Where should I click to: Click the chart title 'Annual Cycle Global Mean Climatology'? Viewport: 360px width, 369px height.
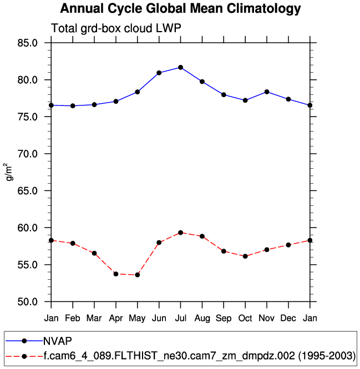180,9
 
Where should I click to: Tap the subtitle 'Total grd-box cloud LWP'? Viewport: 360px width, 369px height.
116,29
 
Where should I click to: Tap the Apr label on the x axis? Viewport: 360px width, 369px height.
116,319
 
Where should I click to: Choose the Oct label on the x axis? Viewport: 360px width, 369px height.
245,319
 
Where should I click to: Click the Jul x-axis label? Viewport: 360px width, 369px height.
180,319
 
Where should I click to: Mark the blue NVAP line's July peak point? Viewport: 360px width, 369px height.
180,67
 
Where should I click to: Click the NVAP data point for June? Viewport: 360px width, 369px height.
159,73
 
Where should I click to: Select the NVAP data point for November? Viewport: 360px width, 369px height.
267,92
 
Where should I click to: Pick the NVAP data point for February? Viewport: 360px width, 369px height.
73,105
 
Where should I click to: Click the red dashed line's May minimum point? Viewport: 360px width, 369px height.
138,275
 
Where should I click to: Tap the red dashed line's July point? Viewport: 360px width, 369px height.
180,232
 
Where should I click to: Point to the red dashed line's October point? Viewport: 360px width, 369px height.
245,256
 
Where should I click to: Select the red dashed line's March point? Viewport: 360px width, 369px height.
94,253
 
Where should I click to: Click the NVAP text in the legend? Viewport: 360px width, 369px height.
58,340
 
